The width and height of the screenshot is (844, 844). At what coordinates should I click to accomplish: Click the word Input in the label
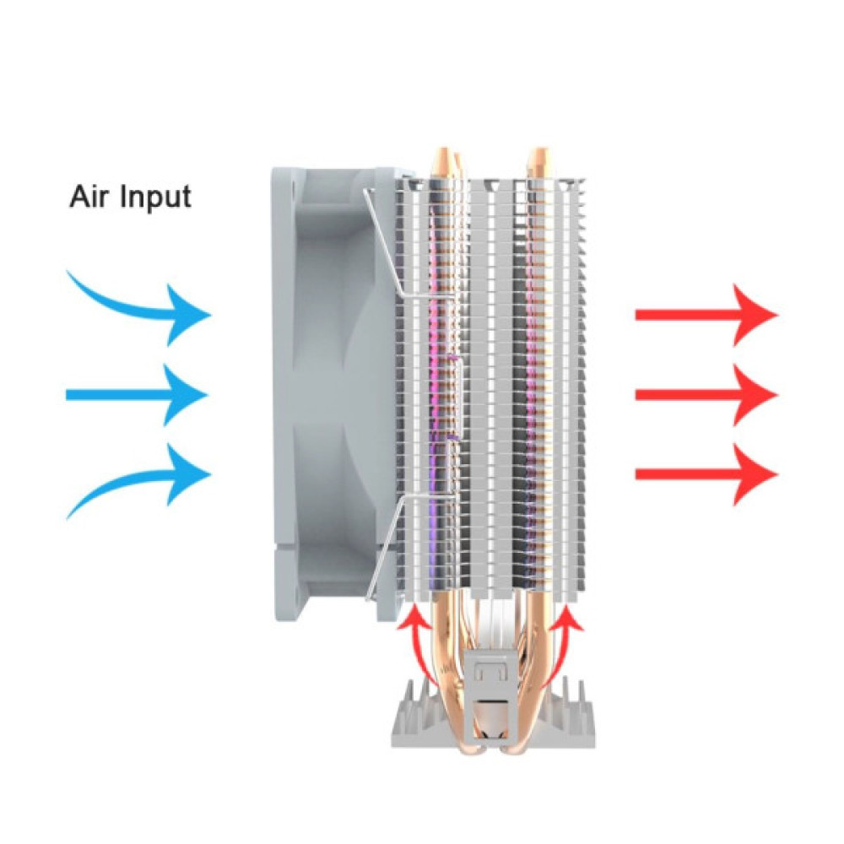[x=155, y=198]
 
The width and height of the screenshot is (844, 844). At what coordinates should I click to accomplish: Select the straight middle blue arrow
[x=137, y=395]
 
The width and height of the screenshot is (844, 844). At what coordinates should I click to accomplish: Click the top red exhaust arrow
[x=706, y=315]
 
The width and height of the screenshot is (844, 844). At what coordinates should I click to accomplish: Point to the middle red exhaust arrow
[x=706, y=395]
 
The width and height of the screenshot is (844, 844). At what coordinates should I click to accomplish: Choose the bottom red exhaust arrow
[x=706, y=474]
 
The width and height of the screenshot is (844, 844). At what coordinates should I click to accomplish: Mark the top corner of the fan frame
[x=271, y=168]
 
